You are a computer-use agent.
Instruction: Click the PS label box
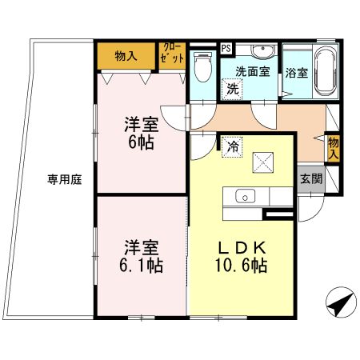pos(226,49)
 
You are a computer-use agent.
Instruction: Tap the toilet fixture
pos(203,67)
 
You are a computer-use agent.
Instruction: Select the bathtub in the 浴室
pos(326,71)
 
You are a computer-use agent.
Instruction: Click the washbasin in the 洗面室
pos(263,51)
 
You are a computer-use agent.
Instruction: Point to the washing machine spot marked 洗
pos(232,90)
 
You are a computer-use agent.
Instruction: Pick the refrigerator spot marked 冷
pos(232,147)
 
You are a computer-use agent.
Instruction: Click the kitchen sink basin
pos(246,196)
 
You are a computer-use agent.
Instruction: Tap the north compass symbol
pos(342,302)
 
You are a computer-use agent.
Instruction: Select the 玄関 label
pos(311,179)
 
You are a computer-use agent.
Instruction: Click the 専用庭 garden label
pos(65,179)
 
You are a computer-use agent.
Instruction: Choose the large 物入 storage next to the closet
pos(126,56)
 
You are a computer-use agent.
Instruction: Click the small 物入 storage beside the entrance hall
pos(334,149)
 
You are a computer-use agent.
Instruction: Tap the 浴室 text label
pos(297,73)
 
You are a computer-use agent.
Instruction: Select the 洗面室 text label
pos(253,72)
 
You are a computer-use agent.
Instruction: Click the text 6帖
pos(141,142)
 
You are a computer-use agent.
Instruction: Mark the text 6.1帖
pos(141,266)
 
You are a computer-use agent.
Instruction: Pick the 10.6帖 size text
pos(242,266)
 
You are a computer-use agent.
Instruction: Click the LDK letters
pos(242,248)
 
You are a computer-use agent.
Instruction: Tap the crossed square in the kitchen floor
pos(263,162)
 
